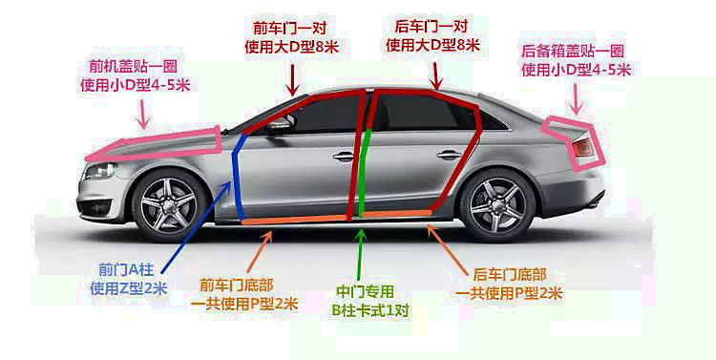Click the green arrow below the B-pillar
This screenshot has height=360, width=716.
click(361, 253)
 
